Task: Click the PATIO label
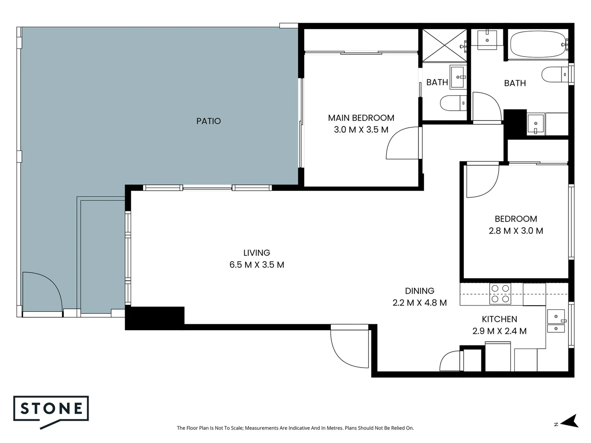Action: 208,121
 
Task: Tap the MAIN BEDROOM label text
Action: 361,118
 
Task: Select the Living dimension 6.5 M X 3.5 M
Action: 257,265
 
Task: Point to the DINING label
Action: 419,291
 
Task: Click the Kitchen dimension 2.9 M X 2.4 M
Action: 499,331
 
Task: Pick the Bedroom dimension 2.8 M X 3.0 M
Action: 516,231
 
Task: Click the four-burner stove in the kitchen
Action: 500,294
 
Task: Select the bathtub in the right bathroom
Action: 537,44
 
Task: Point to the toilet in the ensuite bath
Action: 452,103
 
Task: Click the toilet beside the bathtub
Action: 554,75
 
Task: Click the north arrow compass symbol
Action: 569,421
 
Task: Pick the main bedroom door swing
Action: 402,144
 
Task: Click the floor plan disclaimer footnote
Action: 295,428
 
